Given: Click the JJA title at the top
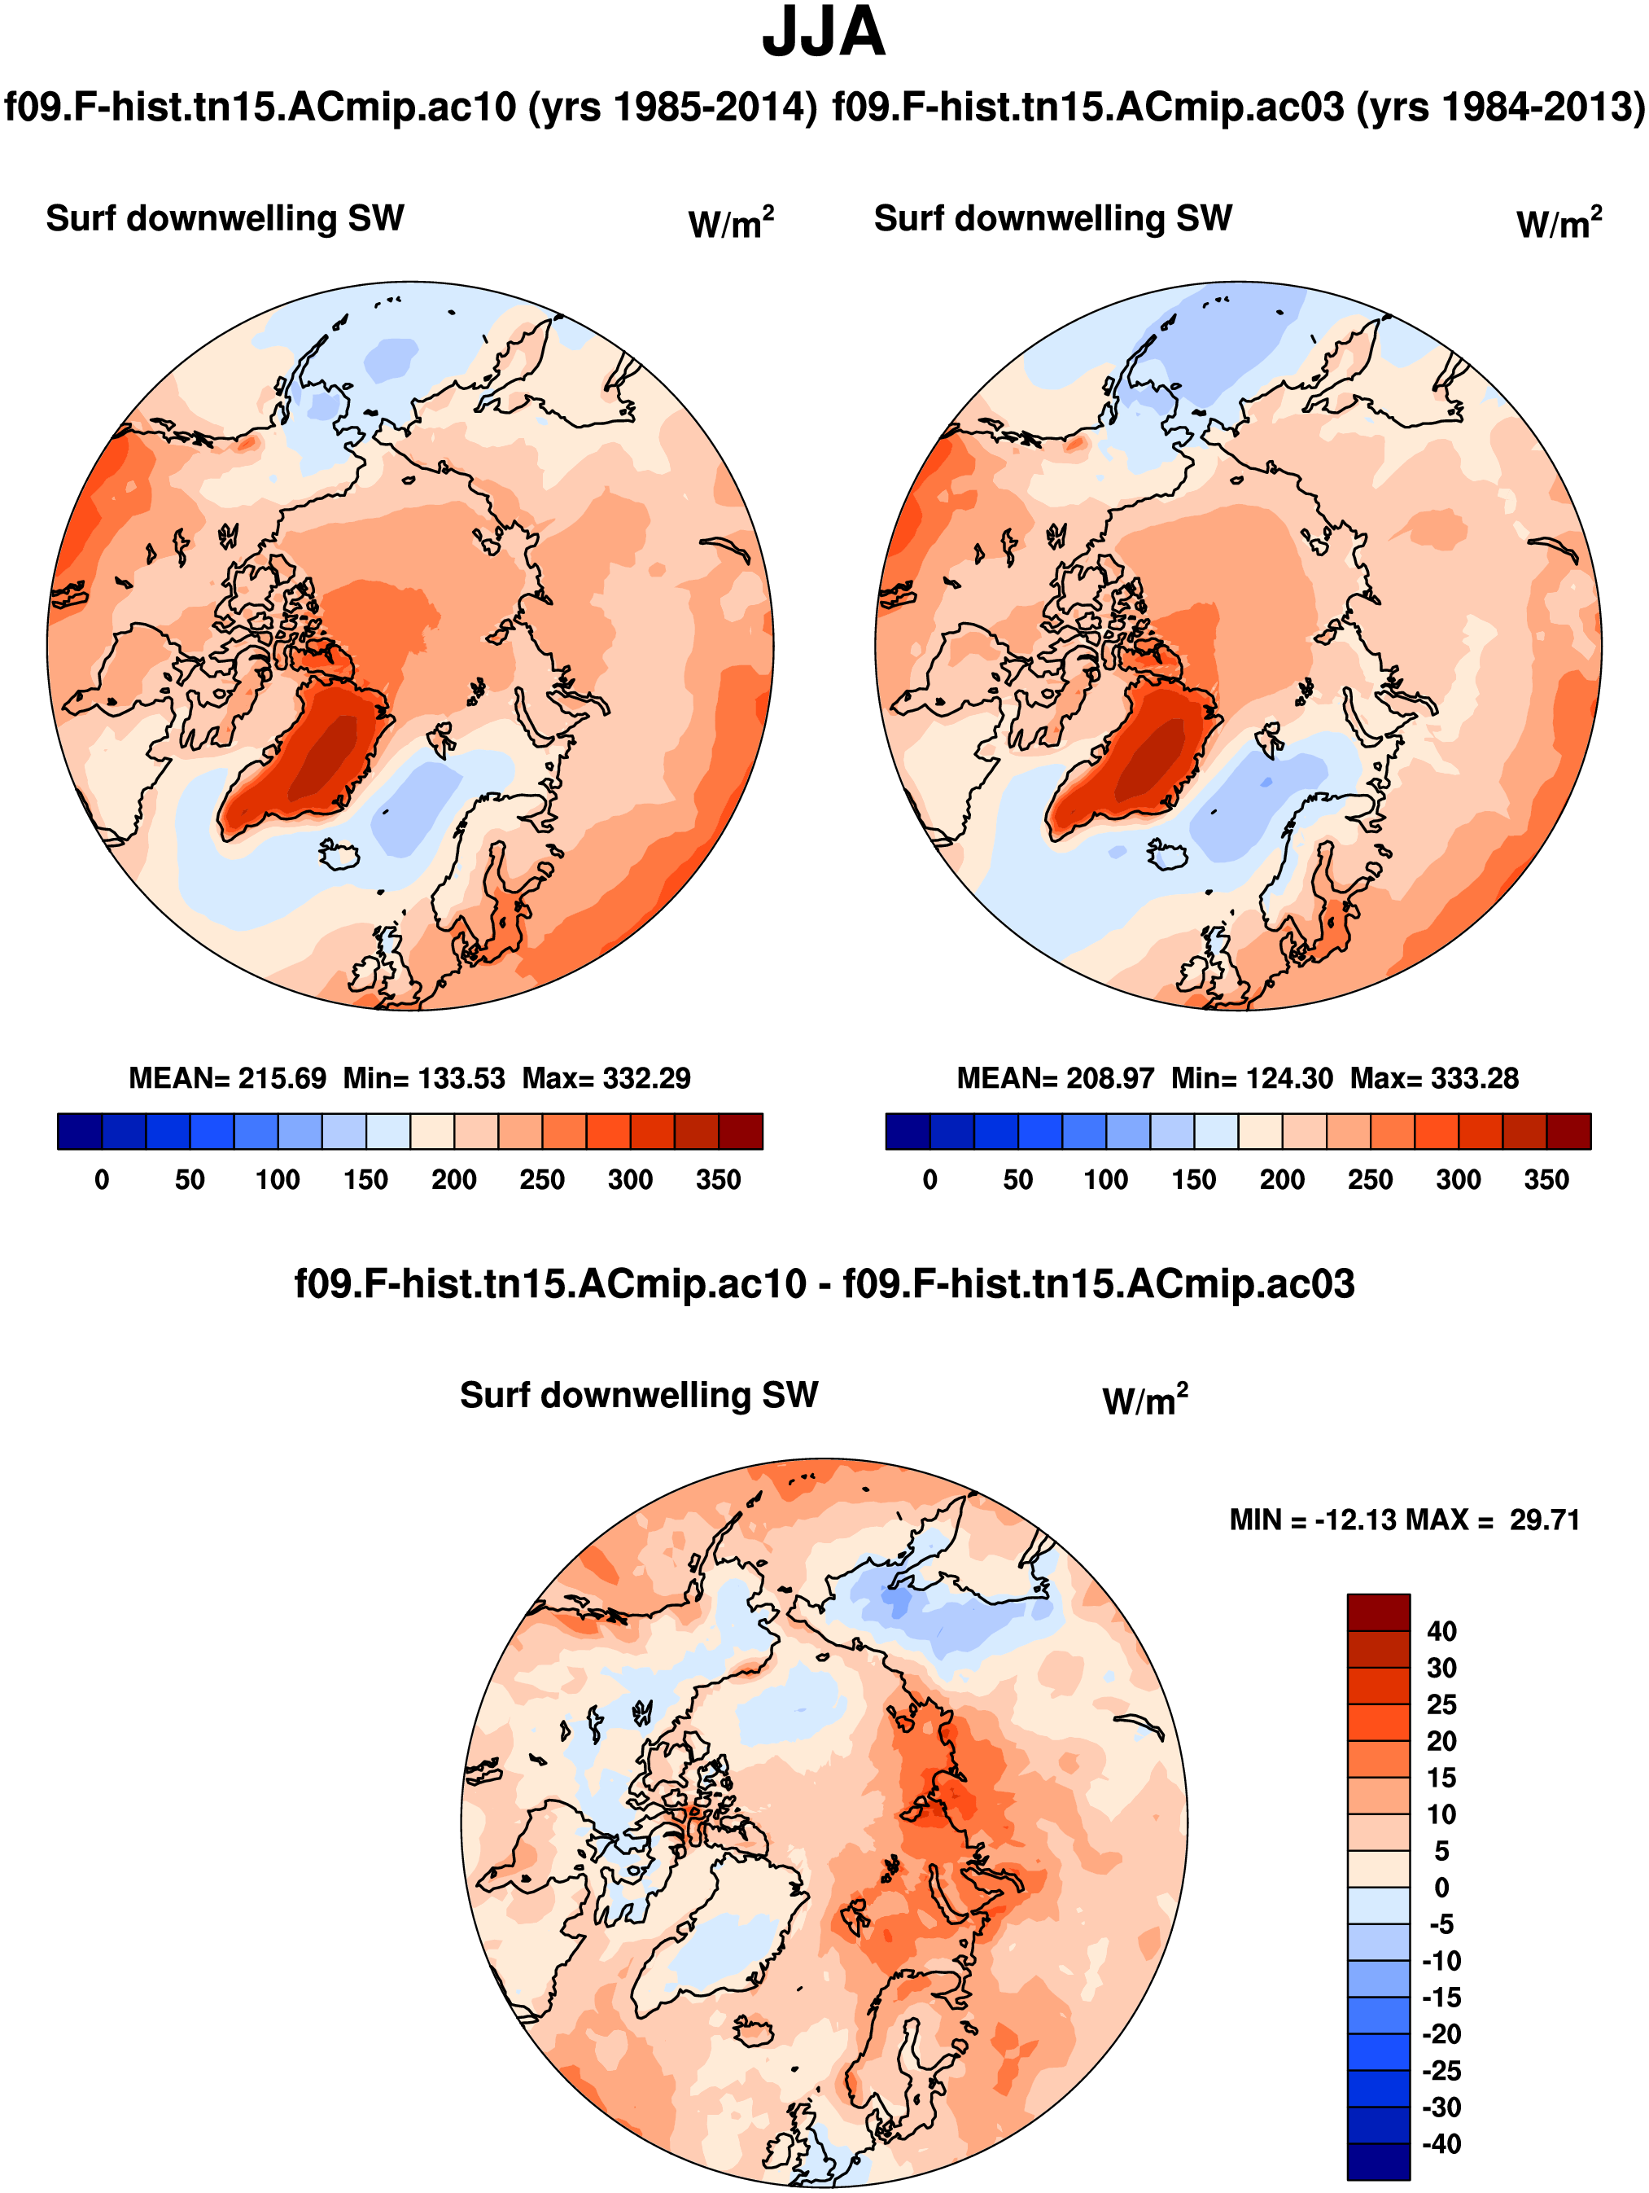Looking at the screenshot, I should [x=823, y=33].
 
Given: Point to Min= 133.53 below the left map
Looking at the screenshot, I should [x=423, y=1079].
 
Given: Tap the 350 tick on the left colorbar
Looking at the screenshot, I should [x=719, y=1180].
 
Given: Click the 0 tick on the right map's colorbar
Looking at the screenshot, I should [x=929, y=1180].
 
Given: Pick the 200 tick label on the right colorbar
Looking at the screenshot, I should [x=1281, y=1180].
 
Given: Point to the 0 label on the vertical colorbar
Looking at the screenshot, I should [x=1442, y=1888].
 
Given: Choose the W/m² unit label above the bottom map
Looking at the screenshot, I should [x=1144, y=1400].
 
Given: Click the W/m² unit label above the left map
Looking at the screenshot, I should [x=730, y=223].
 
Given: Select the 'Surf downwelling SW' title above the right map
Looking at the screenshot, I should [x=1052, y=218].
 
